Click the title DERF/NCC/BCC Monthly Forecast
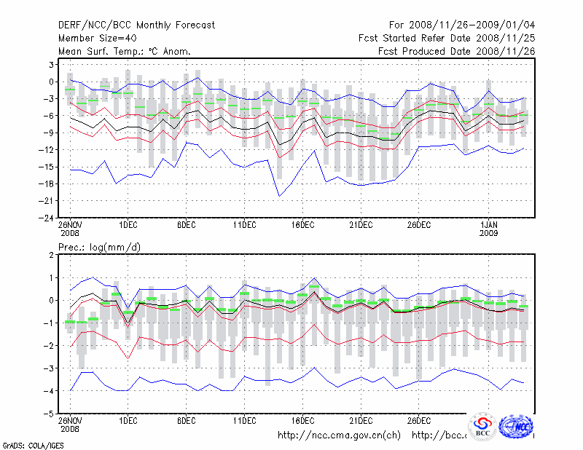tap(136, 25)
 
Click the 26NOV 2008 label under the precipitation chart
tap(70, 425)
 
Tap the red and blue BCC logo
tap(482, 427)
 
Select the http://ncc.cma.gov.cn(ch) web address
tap(340, 435)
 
